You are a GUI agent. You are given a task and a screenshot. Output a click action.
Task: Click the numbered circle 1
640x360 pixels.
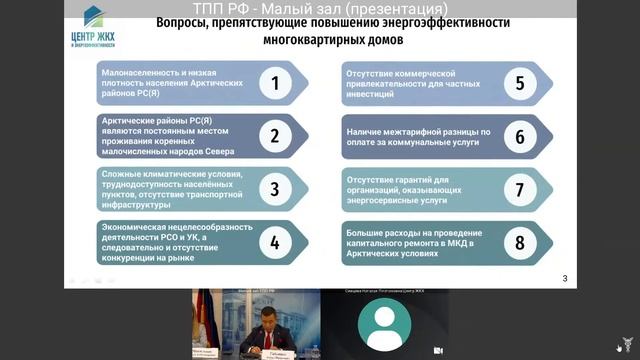275,82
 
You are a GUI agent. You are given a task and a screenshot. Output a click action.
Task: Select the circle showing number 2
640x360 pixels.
275,135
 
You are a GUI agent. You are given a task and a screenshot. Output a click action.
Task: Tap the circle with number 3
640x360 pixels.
275,189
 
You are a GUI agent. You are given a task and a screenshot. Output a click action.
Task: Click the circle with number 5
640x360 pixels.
520,82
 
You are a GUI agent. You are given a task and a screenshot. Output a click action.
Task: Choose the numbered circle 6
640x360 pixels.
520,135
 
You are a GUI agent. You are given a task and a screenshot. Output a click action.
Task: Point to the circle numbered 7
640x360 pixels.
520,189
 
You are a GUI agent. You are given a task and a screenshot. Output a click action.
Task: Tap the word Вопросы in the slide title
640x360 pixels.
185,22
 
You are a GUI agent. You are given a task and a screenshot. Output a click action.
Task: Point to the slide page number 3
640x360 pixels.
565,278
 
